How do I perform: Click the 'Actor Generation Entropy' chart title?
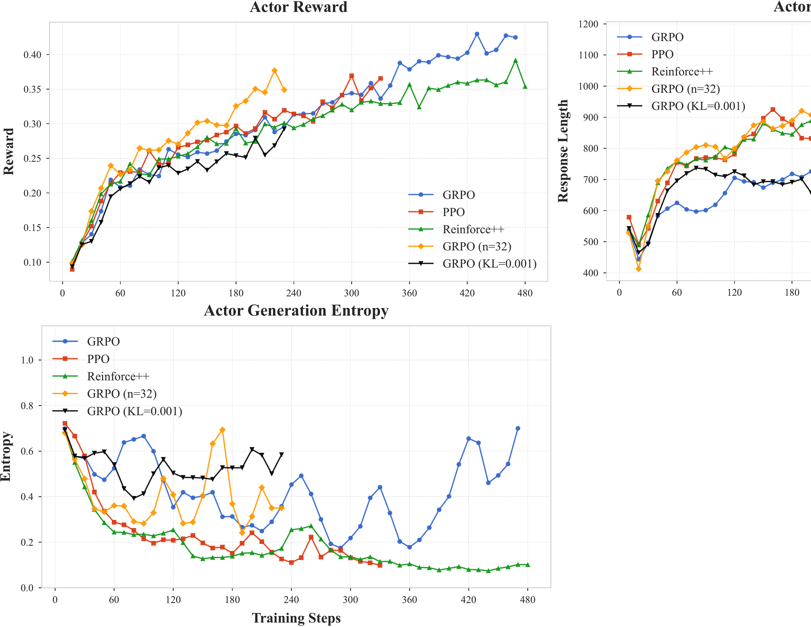point(296,311)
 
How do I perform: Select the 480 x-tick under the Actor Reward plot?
point(525,293)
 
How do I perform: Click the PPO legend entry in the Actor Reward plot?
point(453,212)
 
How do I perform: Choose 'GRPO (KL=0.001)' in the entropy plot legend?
point(134,411)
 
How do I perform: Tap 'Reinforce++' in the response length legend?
point(682,72)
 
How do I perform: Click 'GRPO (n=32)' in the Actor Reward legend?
point(477,247)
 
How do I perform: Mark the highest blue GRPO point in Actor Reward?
point(477,34)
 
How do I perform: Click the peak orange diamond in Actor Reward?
point(274,71)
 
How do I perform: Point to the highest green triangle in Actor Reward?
point(515,60)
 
